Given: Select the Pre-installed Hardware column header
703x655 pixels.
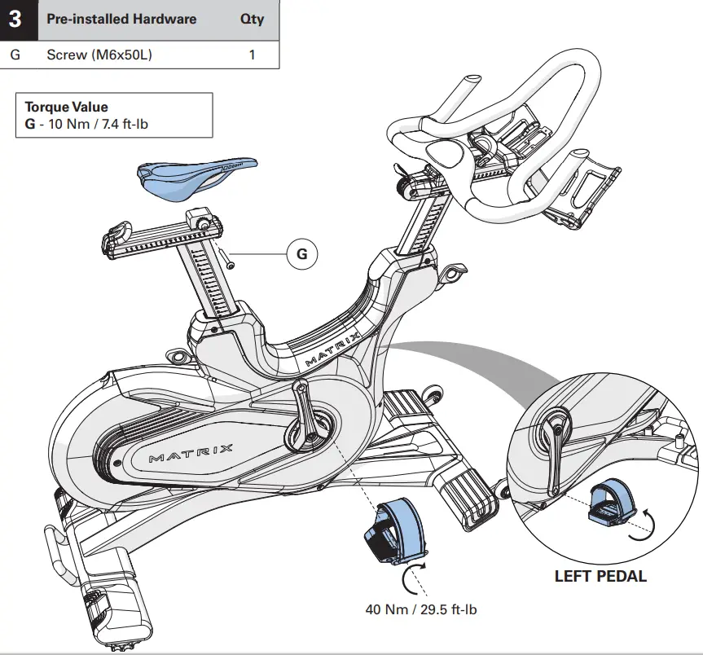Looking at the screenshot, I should click(x=121, y=20).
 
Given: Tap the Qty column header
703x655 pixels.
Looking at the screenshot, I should click(x=252, y=20).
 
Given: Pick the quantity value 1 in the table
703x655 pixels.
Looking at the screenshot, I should click(x=252, y=55).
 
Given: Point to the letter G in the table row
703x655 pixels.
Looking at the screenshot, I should click(x=15, y=55).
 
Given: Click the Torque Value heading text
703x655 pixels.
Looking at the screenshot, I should click(x=66, y=107).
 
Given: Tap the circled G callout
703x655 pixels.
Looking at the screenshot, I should click(x=301, y=254).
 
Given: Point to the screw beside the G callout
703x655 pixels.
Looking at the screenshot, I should click(x=228, y=258).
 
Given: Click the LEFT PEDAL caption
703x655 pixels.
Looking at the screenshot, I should click(x=600, y=577).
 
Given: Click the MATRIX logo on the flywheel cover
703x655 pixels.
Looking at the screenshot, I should click(x=191, y=453).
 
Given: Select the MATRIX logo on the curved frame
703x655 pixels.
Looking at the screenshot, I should click(x=333, y=345).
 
